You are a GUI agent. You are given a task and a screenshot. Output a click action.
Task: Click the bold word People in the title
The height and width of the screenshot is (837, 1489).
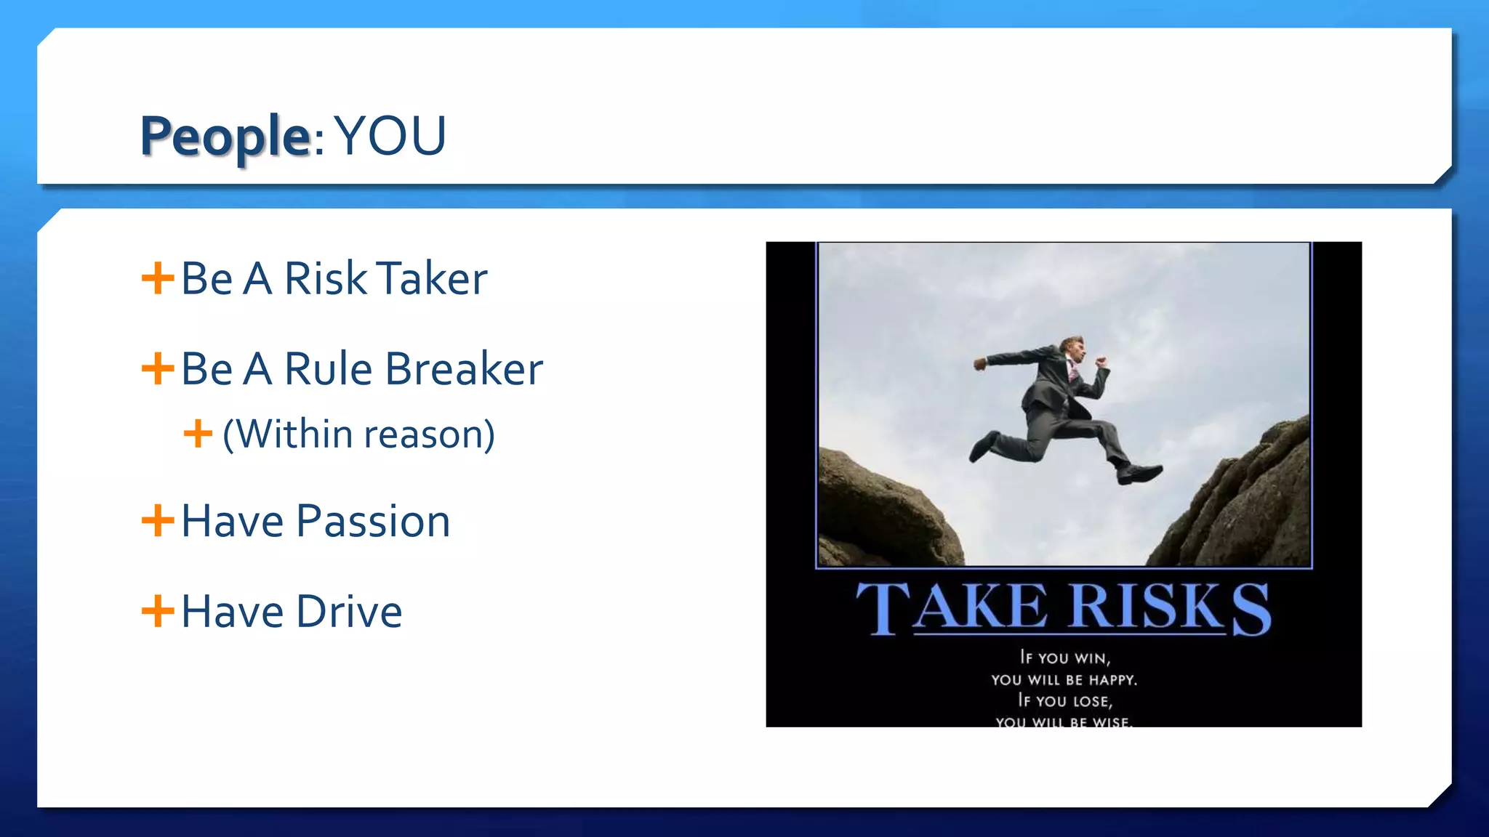click(225, 136)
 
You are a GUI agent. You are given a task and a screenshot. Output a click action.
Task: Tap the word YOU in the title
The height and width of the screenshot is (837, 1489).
click(391, 136)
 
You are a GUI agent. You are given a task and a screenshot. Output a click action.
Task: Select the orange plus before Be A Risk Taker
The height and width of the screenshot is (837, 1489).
click(158, 278)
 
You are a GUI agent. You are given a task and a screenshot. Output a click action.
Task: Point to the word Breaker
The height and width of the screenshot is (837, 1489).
click(464, 369)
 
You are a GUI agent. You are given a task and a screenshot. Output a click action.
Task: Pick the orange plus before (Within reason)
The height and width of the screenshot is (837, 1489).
click(198, 434)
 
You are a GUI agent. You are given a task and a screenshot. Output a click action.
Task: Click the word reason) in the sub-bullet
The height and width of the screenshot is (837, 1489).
click(429, 434)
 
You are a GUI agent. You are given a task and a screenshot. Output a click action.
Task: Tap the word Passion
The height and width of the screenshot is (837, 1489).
click(373, 521)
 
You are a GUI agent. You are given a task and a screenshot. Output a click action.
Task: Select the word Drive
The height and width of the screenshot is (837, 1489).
click(349, 612)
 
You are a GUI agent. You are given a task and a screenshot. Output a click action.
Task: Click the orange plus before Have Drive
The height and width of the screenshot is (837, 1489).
click(158, 611)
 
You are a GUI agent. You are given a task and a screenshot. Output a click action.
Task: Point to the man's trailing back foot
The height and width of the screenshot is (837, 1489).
click(982, 445)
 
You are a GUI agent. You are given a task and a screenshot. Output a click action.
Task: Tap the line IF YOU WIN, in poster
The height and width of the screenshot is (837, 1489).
click(1064, 658)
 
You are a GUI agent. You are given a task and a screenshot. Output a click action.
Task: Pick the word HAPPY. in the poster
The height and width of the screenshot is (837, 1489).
click(1112, 680)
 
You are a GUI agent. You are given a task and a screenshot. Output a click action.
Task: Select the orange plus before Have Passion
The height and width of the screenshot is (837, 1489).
click(158, 521)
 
